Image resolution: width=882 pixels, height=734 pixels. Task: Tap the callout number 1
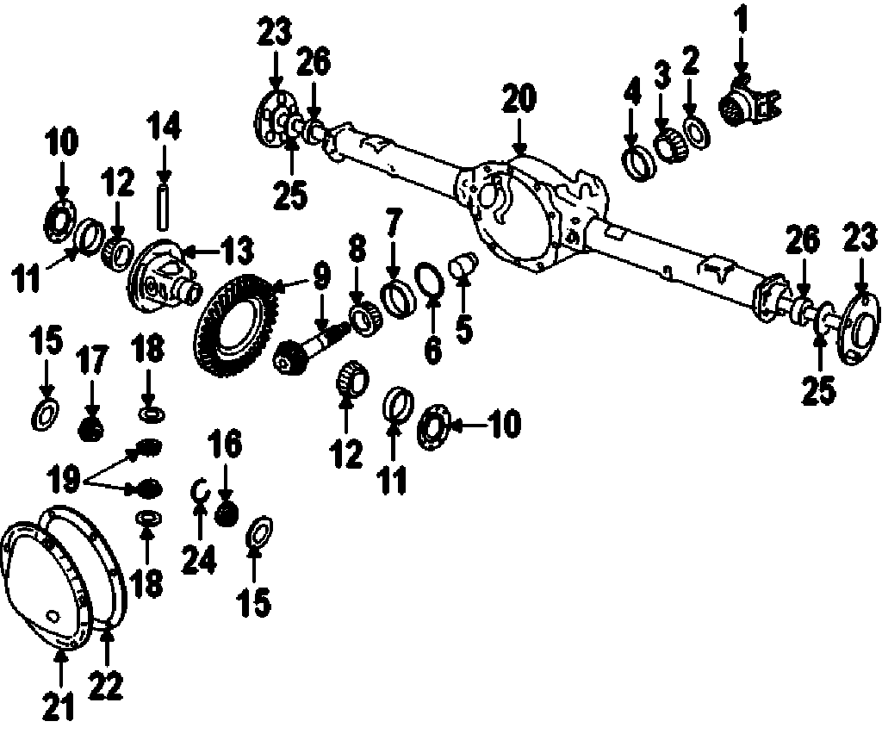click(741, 17)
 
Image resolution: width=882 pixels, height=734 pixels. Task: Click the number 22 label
click(107, 686)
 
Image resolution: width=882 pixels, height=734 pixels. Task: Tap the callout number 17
click(93, 362)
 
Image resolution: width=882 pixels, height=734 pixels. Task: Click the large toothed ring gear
click(233, 323)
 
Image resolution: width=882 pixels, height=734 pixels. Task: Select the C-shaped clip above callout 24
click(197, 491)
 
